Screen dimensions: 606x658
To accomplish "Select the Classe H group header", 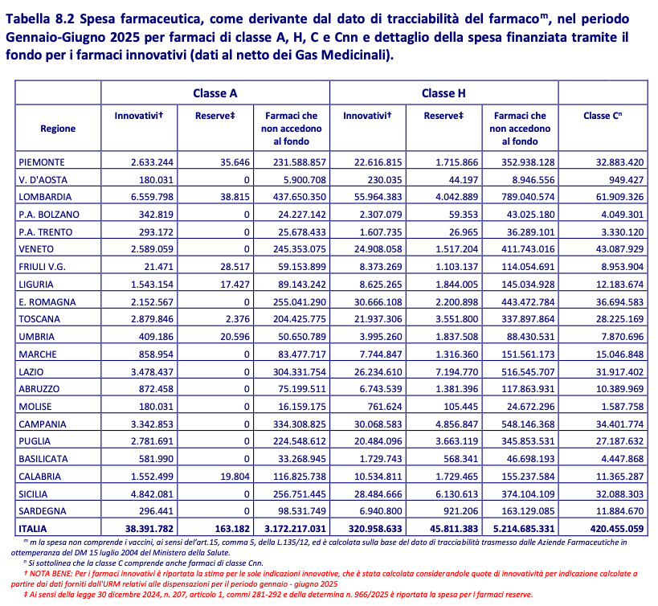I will coord(443,93).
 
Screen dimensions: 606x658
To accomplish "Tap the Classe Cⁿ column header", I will coord(603,116).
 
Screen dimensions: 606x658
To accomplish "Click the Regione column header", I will coord(58,129).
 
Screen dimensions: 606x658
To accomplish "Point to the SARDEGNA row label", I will coord(46,511).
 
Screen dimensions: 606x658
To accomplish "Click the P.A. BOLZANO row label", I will coord(49,214).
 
